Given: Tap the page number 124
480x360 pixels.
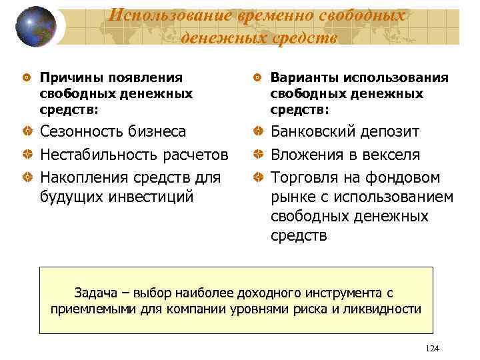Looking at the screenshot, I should point(432,348).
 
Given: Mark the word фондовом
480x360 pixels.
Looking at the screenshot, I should point(407,177).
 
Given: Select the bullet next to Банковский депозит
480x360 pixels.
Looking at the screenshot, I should point(259,132).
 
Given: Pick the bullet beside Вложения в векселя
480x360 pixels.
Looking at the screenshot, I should point(259,155).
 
